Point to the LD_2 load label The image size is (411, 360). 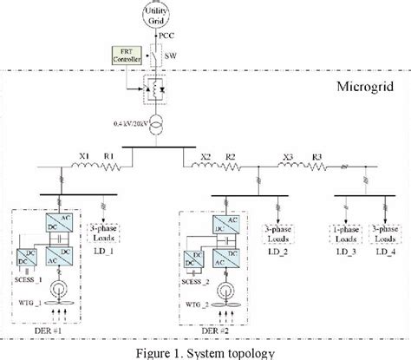point(278,251)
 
